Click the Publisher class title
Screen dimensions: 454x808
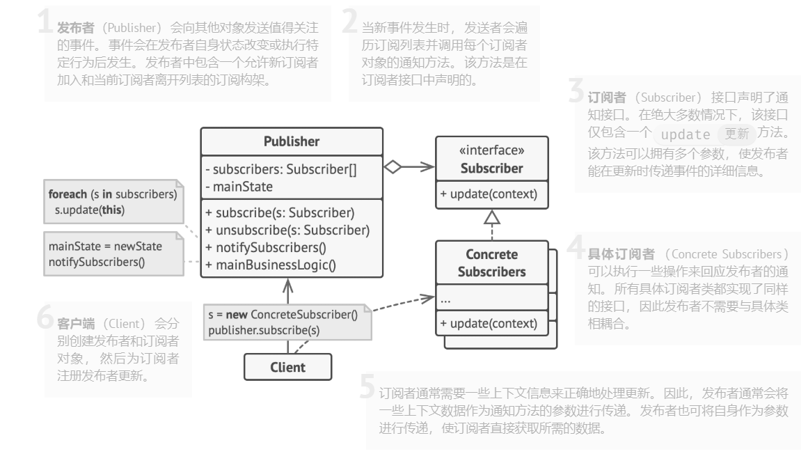point(292,141)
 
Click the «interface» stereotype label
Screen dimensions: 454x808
point(491,150)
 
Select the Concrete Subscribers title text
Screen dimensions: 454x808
point(491,263)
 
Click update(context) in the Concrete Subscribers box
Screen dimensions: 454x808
point(489,323)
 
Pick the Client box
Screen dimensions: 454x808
point(287,366)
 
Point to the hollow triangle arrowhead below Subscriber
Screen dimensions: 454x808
point(492,217)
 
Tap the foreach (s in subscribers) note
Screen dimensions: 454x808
point(112,201)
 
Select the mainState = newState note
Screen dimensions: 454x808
point(111,253)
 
